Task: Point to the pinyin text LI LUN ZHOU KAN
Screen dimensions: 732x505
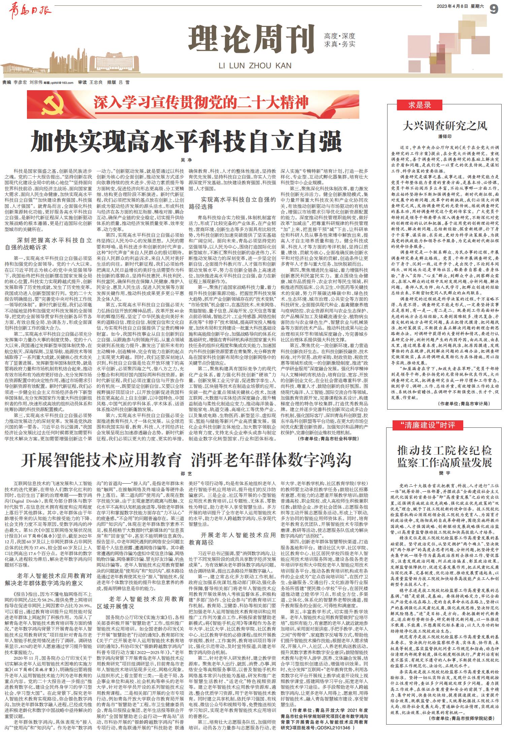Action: [x=255, y=65]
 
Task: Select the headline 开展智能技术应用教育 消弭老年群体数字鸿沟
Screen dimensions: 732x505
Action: [x=186, y=460]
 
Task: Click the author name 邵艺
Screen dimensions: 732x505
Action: [x=186, y=474]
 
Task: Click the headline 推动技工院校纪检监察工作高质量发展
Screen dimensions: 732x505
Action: [x=445, y=456]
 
